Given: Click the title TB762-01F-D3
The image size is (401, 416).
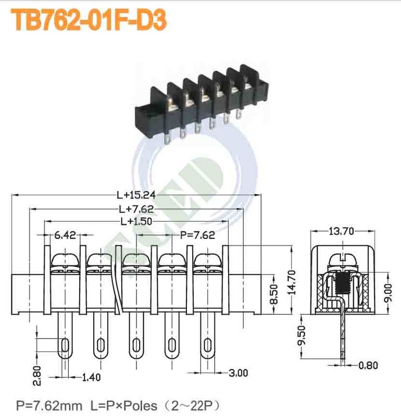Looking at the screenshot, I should pyautogui.click(x=89, y=19).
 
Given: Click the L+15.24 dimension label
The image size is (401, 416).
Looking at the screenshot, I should pyautogui.click(x=136, y=196).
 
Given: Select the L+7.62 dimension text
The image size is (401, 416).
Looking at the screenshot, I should pyautogui.click(x=136, y=209).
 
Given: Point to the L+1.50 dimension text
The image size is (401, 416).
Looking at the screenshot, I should pyautogui.click(x=136, y=222).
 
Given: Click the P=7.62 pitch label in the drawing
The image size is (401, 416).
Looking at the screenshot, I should pyautogui.click(x=197, y=235).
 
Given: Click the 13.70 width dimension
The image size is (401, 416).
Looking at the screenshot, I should pyautogui.click(x=343, y=232).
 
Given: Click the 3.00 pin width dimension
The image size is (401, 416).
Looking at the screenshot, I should pyautogui.click(x=238, y=372).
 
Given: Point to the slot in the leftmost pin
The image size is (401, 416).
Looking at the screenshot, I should pyautogui.click(x=65, y=345).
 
